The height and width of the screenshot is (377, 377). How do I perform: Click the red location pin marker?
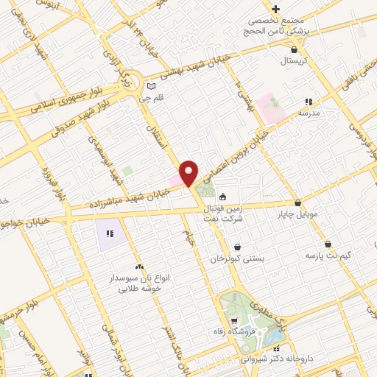[189, 173]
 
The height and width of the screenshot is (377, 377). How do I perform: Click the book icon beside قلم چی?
[152, 85]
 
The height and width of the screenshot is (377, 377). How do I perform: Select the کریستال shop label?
[295, 62]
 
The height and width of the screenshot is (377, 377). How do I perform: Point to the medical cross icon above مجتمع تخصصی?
[275, 9]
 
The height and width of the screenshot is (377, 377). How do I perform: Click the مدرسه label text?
[309, 114]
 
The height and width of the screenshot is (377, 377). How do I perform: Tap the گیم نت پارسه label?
[328, 255]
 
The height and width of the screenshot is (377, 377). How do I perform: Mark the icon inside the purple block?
[110, 233]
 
